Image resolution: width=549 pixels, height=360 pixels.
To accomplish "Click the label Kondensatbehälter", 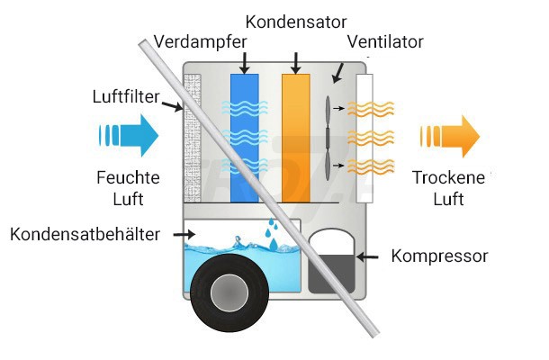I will [85, 235].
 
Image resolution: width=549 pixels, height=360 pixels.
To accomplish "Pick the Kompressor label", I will [439, 256].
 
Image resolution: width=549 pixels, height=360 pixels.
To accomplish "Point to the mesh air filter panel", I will [193, 135].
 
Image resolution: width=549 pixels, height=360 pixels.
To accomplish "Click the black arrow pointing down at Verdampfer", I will [244, 60].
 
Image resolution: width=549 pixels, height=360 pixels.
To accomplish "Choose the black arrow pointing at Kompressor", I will [368, 256].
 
